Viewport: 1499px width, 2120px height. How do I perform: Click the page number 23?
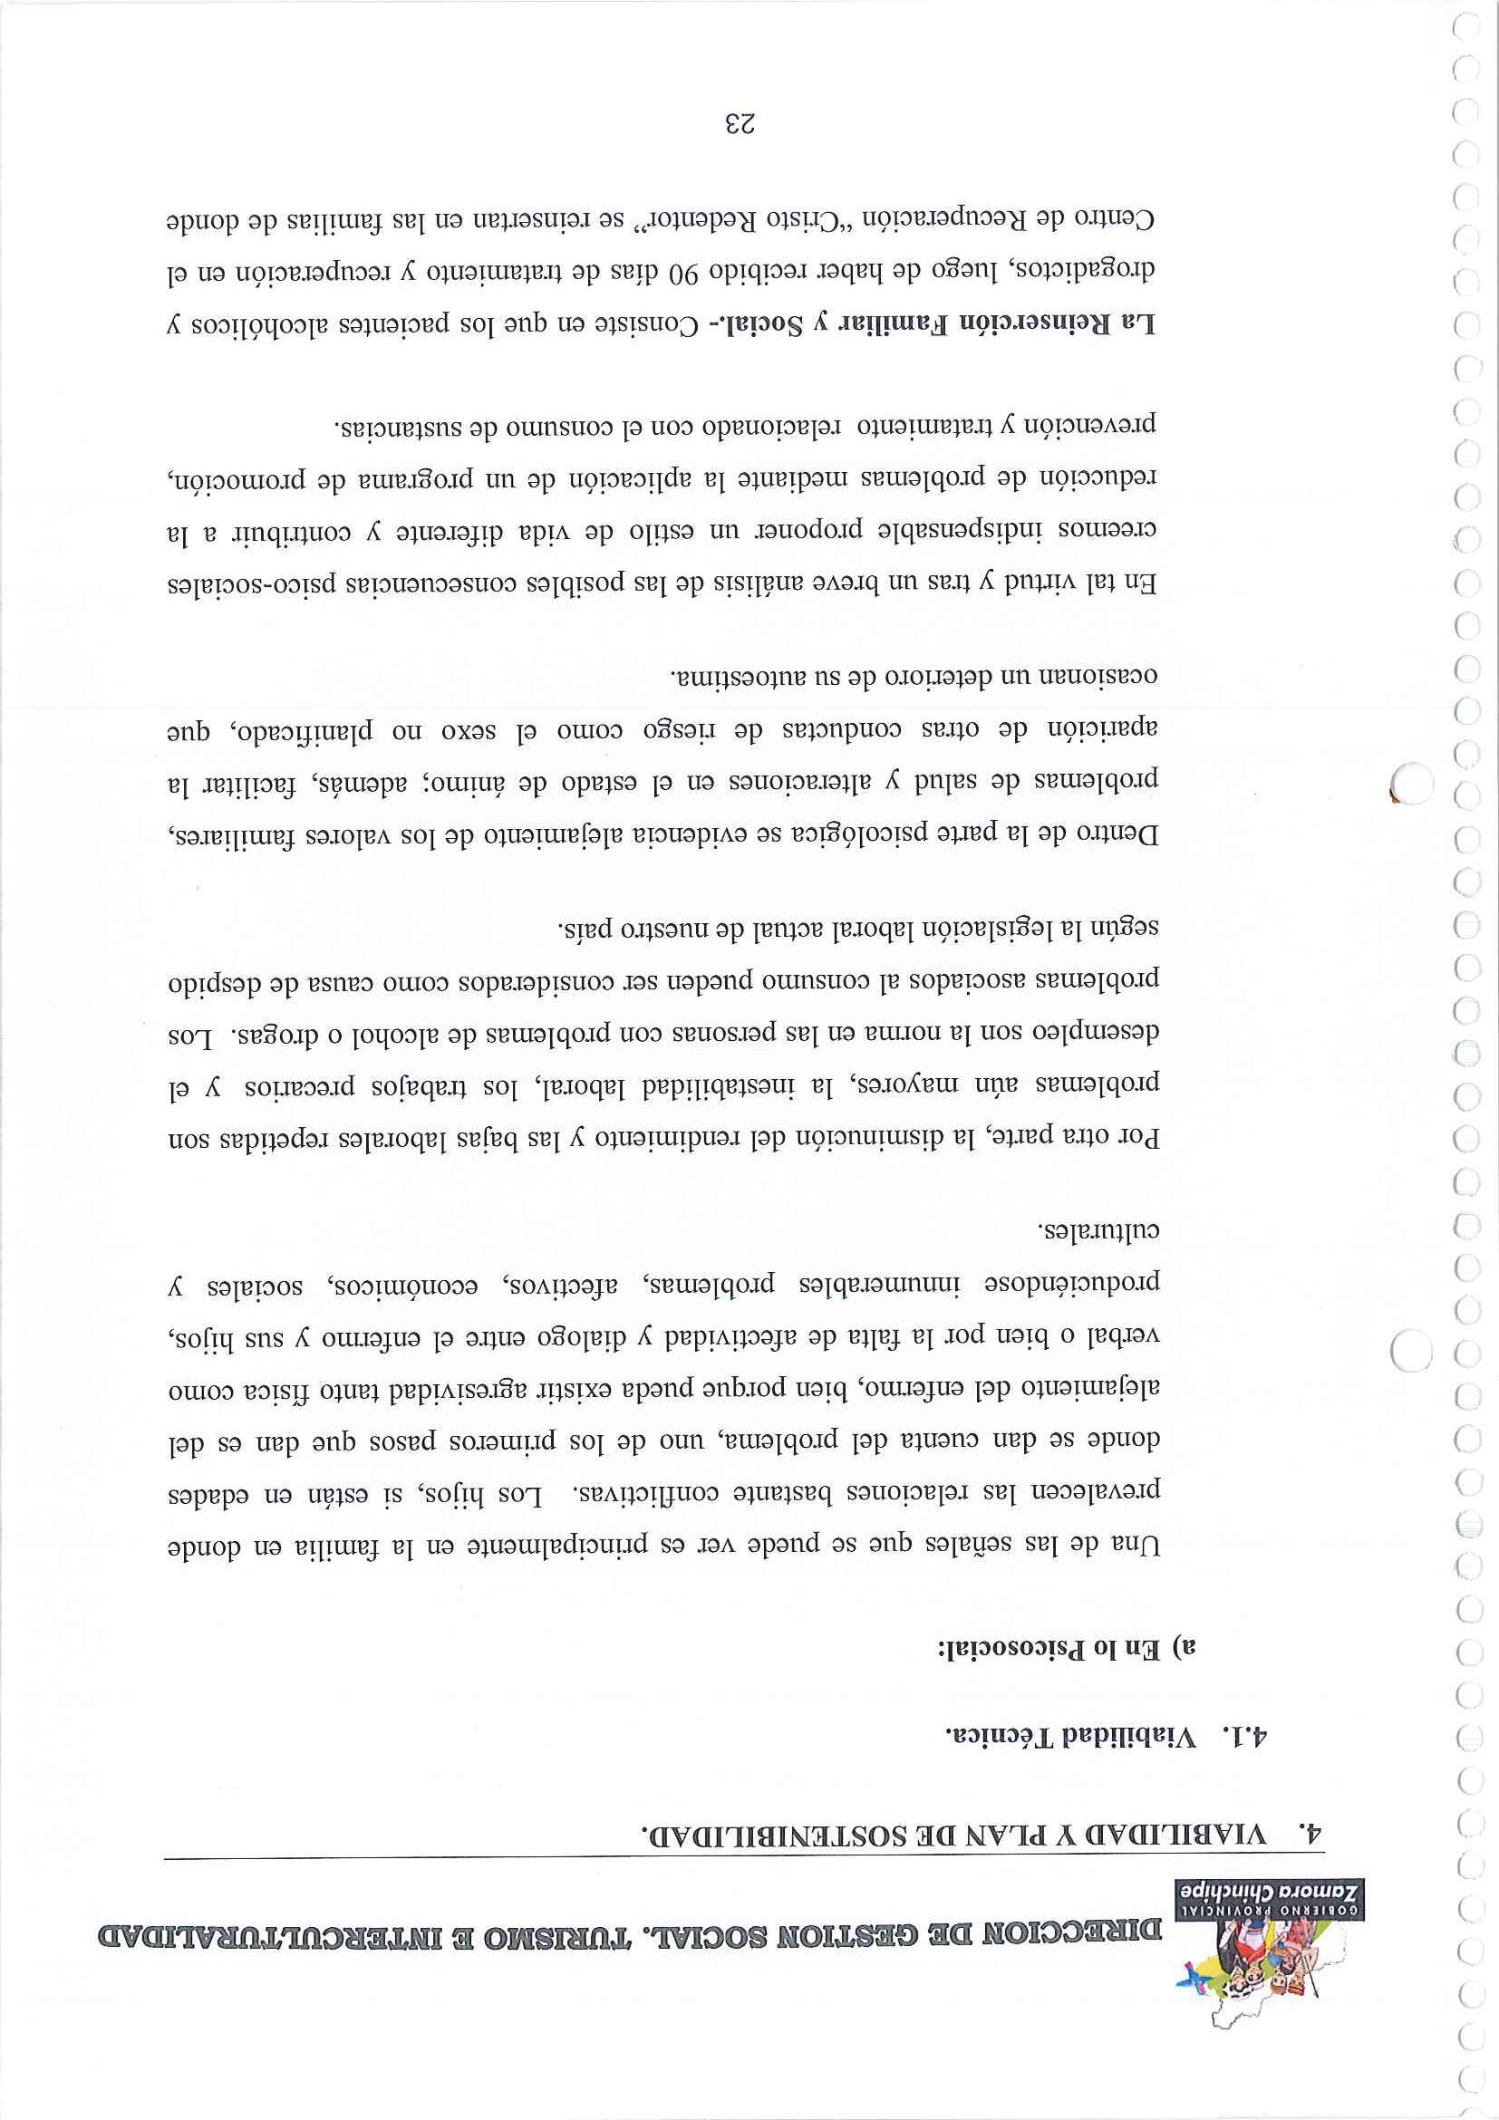click(x=739, y=123)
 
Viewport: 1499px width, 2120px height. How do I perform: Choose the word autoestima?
click(x=732, y=674)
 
